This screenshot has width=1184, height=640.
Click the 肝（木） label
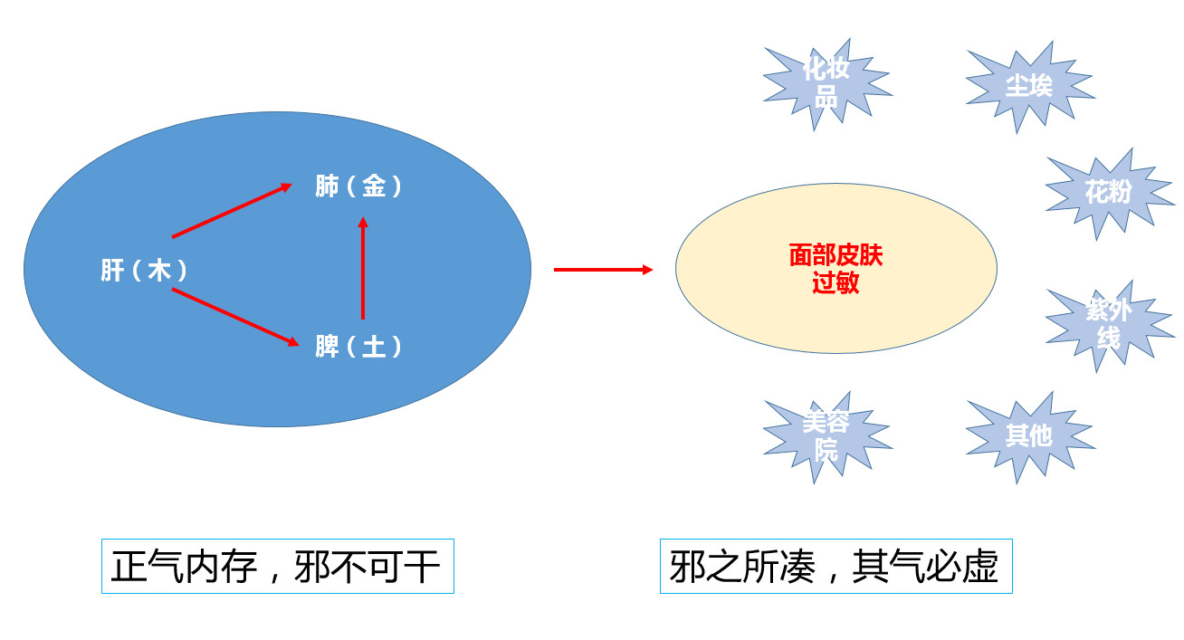coord(145,271)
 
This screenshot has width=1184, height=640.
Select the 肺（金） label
coord(358,186)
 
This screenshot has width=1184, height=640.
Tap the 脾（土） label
coord(358,347)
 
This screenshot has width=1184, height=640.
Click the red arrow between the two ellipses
coord(603,270)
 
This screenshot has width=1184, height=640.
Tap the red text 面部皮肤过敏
coord(835,269)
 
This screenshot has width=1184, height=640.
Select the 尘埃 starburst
coord(1029,85)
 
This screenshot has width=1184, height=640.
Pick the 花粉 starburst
coord(1107,192)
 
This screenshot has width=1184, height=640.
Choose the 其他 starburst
coord(1029,435)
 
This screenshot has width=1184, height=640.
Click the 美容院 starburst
coord(826,436)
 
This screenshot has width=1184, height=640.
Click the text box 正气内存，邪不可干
coord(277,568)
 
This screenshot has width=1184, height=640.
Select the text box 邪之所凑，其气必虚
coord(835,568)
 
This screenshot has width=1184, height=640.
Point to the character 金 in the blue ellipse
coord(374,186)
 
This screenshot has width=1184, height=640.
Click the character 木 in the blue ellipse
coord(159,271)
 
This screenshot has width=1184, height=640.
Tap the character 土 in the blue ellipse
coord(374,347)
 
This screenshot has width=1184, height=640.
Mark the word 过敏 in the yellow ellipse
coord(835,282)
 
